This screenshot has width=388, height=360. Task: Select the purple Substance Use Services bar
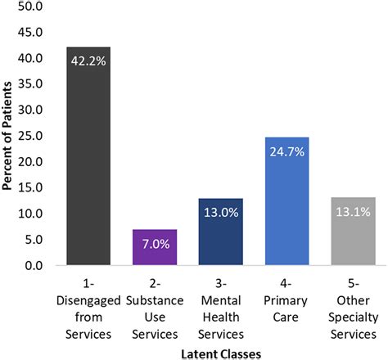[x=154, y=249]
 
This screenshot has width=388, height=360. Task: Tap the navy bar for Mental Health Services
[x=220, y=237]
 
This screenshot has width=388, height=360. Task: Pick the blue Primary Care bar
[x=286, y=205]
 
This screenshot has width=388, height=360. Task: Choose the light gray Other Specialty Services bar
[x=353, y=237]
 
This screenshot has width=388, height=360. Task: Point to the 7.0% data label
[x=154, y=243]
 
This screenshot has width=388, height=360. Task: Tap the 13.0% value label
[x=220, y=212]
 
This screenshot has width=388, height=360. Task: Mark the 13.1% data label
[x=353, y=211]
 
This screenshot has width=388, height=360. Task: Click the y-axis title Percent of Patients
[x=9, y=136]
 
